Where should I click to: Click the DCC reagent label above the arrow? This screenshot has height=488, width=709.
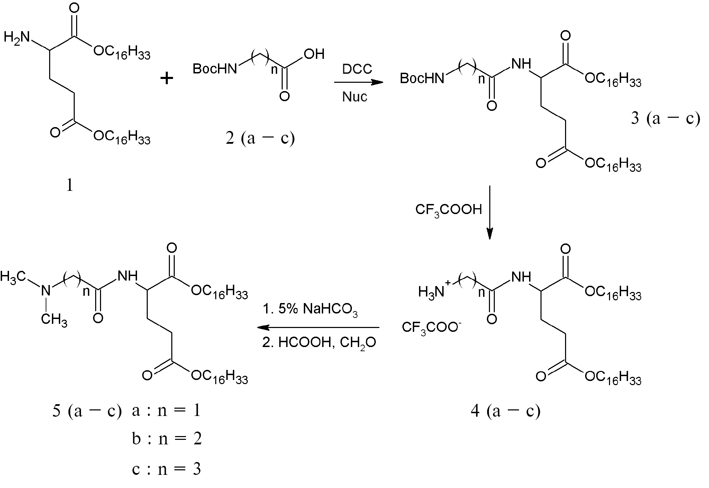(x=357, y=69)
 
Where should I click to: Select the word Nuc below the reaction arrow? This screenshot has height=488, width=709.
(x=355, y=97)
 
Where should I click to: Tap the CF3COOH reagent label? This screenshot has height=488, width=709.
(x=448, y=210)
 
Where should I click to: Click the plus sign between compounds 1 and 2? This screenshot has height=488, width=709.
(x=167, y=79)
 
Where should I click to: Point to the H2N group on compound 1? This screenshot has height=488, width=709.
(x=17, y=37)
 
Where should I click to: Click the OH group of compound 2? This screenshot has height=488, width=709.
(x=314, y=54)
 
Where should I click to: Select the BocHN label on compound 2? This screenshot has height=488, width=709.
(x=215, y=69)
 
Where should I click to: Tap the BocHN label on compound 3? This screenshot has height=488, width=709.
(x=422, y=78)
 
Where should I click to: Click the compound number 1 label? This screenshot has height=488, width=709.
(x=70, y=186)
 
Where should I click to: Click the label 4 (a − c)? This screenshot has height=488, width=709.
(x=506, y=411)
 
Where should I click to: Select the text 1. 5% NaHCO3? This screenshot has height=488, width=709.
(x=310, y=309)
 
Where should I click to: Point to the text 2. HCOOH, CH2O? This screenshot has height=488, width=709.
(x=319, y=343)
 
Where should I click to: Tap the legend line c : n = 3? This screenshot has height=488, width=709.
(x=166, y=469)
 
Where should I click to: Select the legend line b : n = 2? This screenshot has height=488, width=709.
(x=167, y=439)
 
